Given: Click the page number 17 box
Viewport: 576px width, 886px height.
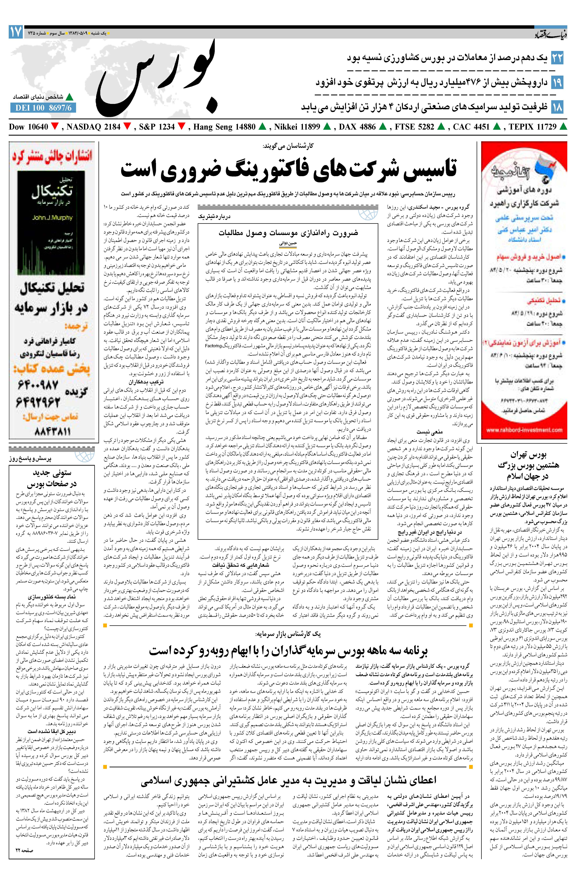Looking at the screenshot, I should click(16, 32).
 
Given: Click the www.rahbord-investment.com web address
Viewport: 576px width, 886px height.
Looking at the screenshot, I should click(524, 430).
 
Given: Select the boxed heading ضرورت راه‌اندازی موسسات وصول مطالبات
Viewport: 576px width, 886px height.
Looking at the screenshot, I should click(288, 233).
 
